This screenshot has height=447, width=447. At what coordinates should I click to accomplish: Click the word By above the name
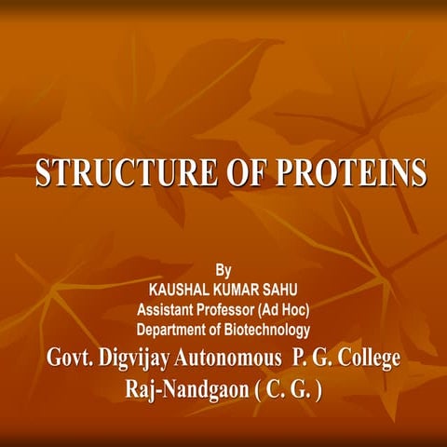coord(223,271)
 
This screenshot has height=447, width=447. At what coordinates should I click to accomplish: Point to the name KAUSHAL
coord(171,290)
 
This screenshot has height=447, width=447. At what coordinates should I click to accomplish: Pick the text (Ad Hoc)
coord(284,309)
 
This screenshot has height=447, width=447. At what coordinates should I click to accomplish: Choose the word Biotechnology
coord(269,329)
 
